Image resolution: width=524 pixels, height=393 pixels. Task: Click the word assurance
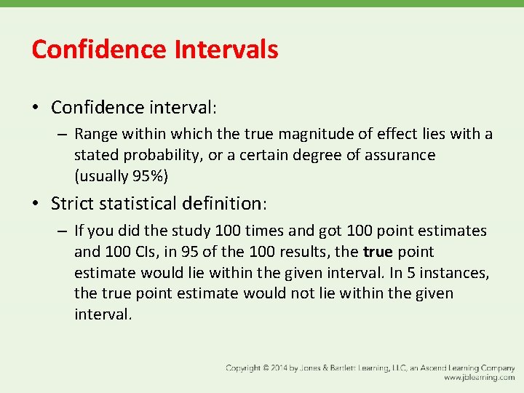tap(395, 155)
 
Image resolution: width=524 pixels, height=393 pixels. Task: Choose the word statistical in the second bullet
tap(146, 203)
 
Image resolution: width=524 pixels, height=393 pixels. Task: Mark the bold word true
tap(378, 252)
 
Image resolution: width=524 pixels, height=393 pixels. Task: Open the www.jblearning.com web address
tap(479, 378)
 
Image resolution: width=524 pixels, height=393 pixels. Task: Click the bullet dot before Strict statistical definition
tap(35, 203)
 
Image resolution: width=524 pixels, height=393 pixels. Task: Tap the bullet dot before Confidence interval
tap(35, 108)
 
